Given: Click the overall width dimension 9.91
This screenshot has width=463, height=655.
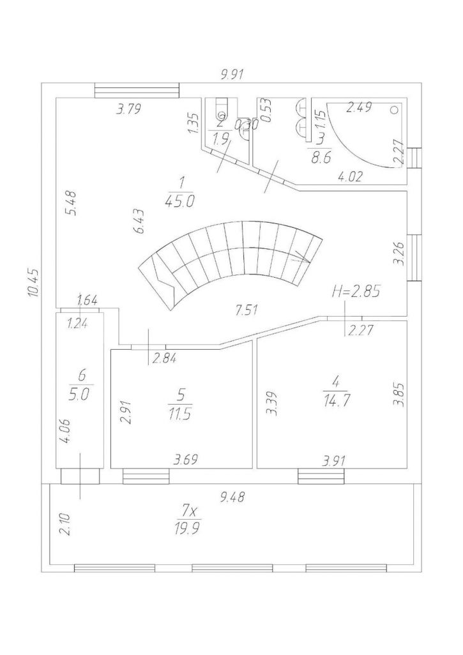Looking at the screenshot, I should point(232,75).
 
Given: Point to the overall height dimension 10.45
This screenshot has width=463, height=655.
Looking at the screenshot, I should point(34,282).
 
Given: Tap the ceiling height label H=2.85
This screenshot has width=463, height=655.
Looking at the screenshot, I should point(356,292).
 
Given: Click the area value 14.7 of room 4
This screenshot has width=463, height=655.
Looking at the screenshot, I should point(335,400).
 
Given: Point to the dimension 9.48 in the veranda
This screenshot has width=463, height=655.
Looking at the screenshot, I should point(232,497).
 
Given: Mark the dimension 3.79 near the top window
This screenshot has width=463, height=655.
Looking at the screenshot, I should point(128,110).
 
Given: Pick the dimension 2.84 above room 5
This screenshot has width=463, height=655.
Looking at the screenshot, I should point(163,358).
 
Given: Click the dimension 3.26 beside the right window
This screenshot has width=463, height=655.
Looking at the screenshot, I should point(398,253).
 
